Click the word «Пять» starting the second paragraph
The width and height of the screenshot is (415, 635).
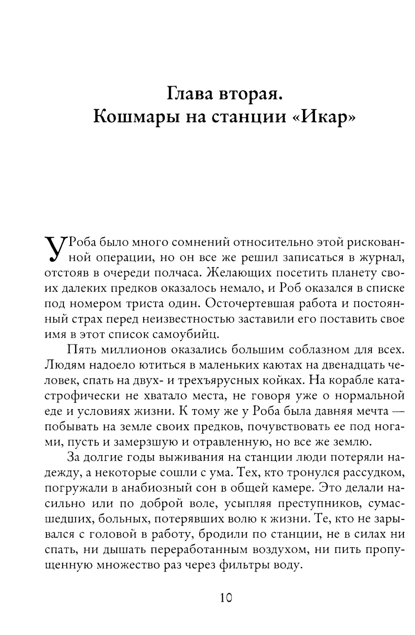pos(79,350)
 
